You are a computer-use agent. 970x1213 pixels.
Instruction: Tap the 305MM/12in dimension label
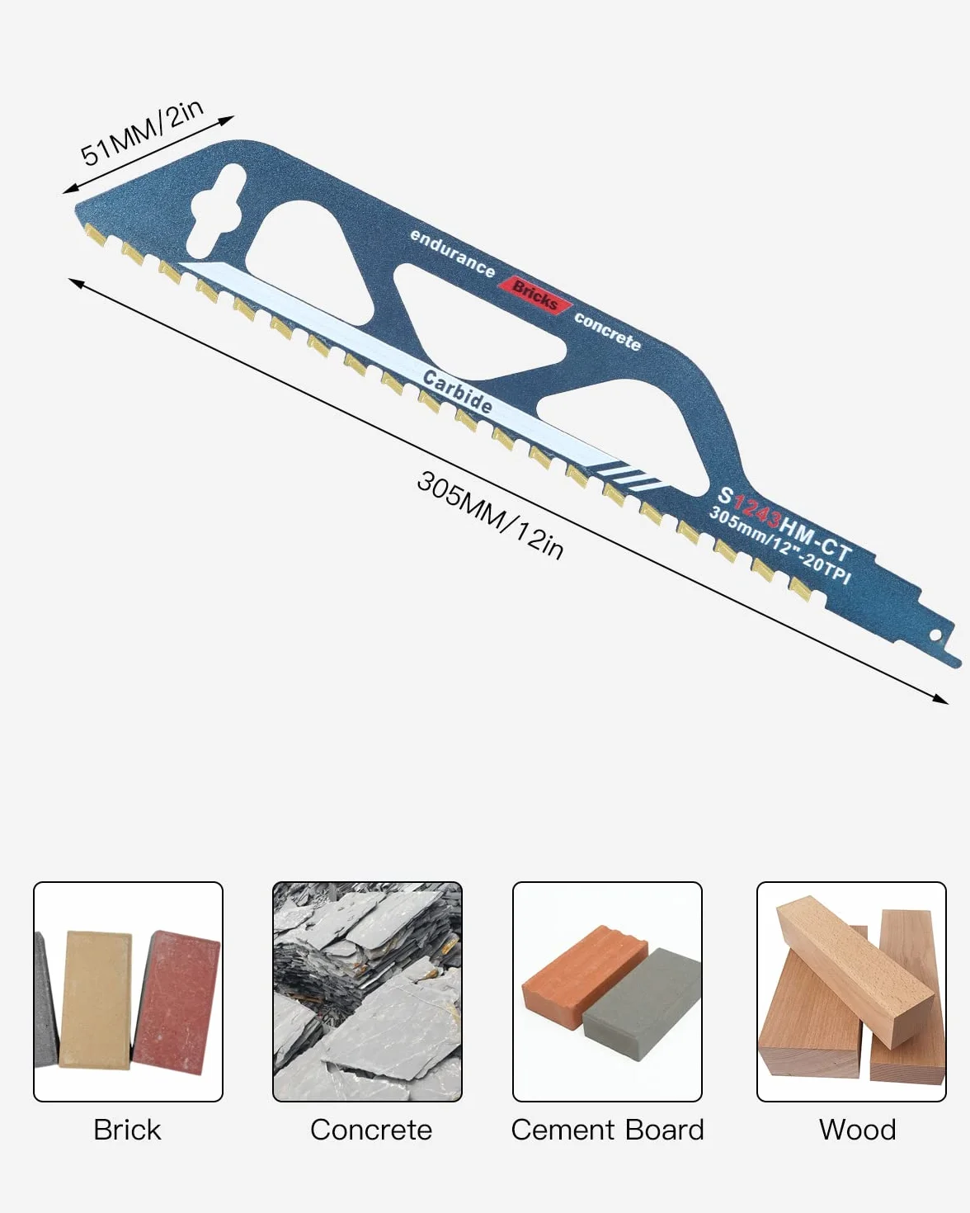click(x=490, y=516)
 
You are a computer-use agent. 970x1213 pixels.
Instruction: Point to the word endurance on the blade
click(x=452, y=253)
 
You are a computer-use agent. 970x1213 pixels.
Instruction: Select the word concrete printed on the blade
click(x=608, y=332)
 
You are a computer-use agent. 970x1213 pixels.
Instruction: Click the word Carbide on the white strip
click(x=457, y=392)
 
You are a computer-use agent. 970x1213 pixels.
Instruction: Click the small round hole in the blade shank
click(x=935, y=636)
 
